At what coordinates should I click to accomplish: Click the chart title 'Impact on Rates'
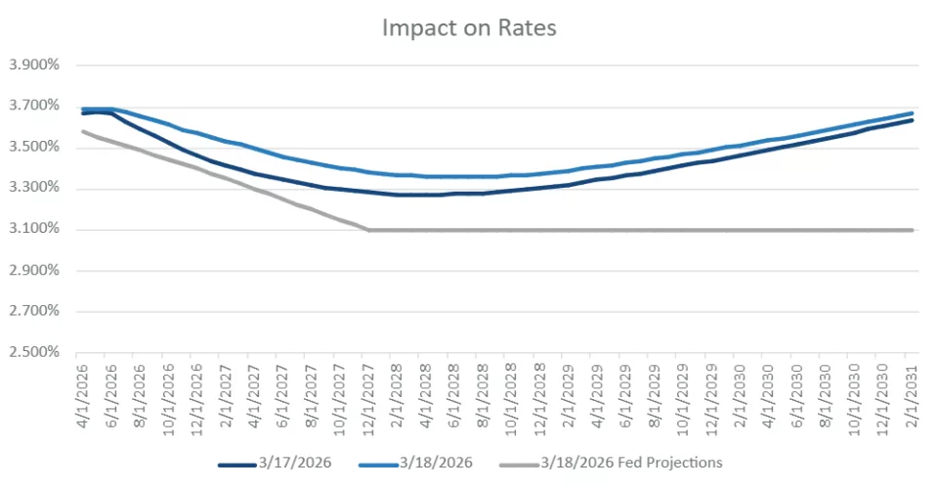(468, 28)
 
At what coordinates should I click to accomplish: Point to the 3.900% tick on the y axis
(34, 66)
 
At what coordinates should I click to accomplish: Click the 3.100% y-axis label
(34, 230)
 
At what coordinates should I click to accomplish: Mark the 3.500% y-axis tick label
(34, 148)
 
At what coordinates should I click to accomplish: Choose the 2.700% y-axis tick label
(34, 312)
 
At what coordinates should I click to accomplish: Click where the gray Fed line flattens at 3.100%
(368, 230)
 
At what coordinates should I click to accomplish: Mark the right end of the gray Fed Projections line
(913, 230)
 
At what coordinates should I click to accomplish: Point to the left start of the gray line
(81, 131)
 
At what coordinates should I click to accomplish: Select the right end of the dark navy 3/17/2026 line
(913, 120)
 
